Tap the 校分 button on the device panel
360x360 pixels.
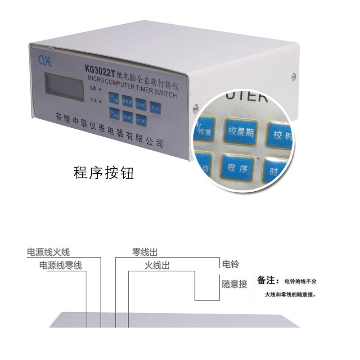pyautogui.click(x=156, y=108)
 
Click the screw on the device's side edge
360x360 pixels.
pyautogui.click(x=196, y=108)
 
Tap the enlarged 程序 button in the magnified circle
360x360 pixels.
pyautogui.click(x=238, y=168)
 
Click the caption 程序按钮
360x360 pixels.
pyautogui.click(x=103, y=173)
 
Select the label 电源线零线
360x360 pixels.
pyautogui.click(x=61, y=265)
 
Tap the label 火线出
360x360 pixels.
pyautogui.click(x=157, y=265)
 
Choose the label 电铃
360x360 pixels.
pyautogui.click(x=230, y=264)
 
